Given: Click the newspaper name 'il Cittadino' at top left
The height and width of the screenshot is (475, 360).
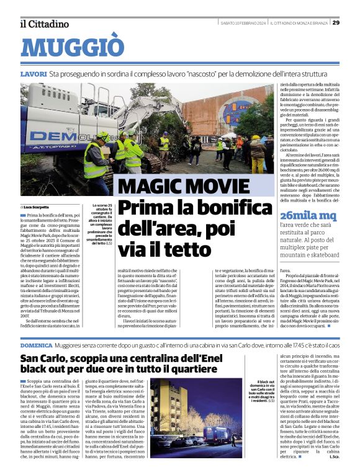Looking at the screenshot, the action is click(x=43, y=24).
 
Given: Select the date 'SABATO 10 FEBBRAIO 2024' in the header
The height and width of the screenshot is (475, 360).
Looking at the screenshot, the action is click(x=243, y=23).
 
